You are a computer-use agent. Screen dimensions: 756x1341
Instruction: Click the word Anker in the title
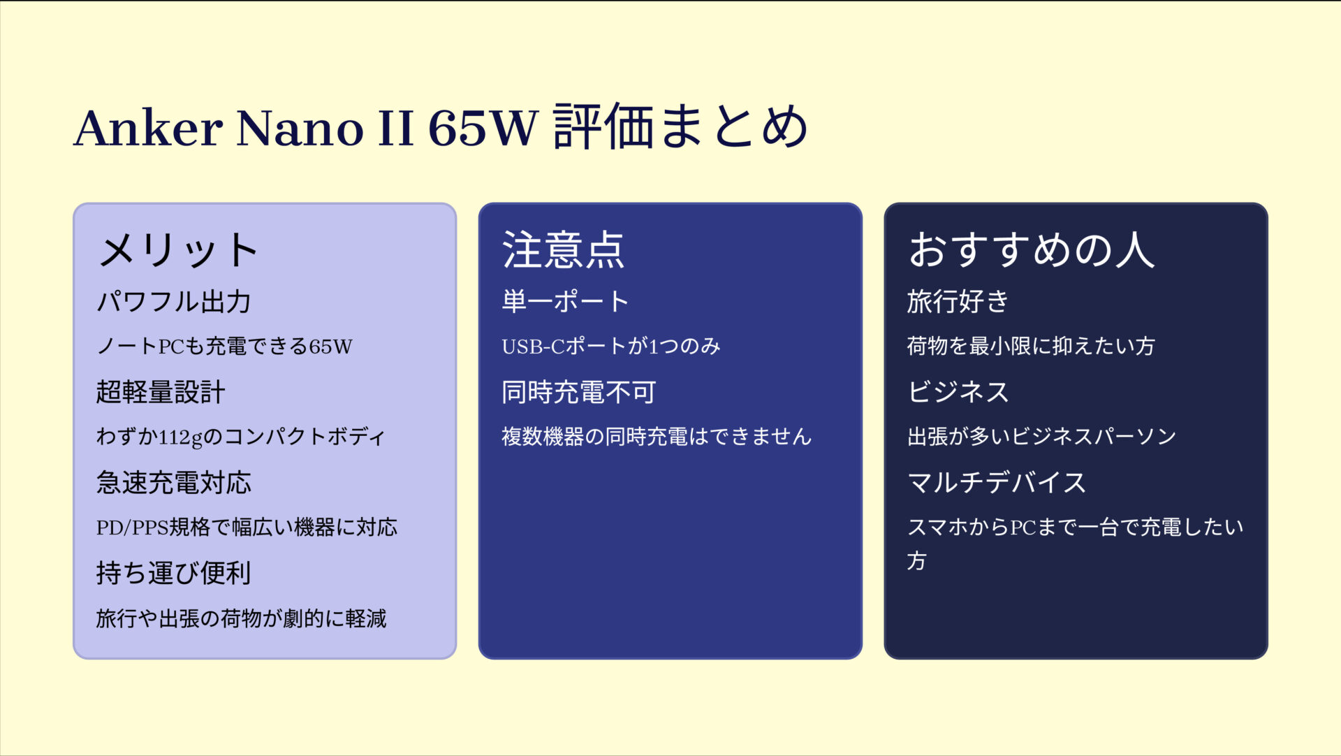click(148, 128)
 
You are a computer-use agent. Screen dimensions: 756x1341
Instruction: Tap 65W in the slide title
click(483, 128)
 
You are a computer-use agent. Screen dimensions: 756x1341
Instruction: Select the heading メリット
click(179, 250)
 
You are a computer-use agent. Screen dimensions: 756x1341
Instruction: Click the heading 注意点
click(563, 250)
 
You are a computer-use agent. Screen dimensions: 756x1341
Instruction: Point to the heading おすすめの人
click(1031, 250)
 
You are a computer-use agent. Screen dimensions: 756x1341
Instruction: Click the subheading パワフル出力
click(174, 302)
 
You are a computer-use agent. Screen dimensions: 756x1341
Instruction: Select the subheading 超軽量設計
click(161, 392)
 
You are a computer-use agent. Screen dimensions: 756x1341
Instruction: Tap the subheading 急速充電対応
click(174, 483)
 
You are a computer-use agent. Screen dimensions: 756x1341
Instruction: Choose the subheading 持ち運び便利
click(174, 573)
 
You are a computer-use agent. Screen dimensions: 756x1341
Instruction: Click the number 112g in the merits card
click(180, 437)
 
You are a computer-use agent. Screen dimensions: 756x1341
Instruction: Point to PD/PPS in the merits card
click(132, 528)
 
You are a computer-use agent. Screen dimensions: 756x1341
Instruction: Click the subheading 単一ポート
click(565, 302)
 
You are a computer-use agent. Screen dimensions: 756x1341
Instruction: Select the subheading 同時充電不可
click(578, 392)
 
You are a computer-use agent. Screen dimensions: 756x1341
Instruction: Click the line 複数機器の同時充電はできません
click(657, 437)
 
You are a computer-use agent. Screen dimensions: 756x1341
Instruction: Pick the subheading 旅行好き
click(958, 302)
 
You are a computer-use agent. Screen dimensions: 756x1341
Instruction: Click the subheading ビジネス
click(958, 392)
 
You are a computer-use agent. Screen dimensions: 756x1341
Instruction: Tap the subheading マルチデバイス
click(997, 483)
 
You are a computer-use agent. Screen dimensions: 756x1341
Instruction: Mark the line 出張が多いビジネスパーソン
click(1041, 437)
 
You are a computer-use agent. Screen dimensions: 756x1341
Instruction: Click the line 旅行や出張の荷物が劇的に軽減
click(241, 618)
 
